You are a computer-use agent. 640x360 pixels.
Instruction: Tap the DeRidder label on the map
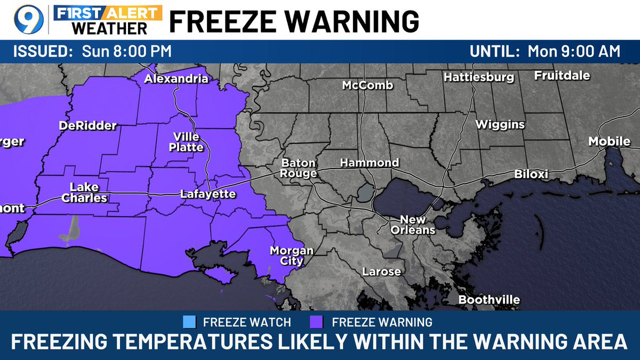87,126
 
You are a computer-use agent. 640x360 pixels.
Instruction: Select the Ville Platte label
186,142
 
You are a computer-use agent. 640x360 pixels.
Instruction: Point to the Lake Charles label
84,193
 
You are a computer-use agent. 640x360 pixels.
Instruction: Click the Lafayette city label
207,194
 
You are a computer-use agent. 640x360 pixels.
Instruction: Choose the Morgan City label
292,255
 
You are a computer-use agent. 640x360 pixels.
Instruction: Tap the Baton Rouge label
299,168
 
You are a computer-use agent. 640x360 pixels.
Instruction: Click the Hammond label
370,163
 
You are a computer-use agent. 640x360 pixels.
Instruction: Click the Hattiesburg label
479,77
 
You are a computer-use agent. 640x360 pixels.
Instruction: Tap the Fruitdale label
562,75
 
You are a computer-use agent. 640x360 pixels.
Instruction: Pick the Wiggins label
500,125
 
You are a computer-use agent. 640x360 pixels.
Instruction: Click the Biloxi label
531,174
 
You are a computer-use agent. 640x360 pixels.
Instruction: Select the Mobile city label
609,141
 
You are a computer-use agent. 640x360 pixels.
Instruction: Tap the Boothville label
489,300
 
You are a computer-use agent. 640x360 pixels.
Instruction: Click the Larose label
381,271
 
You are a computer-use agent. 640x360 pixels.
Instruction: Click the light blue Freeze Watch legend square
189,322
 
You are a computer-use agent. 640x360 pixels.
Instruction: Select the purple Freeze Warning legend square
317,322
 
